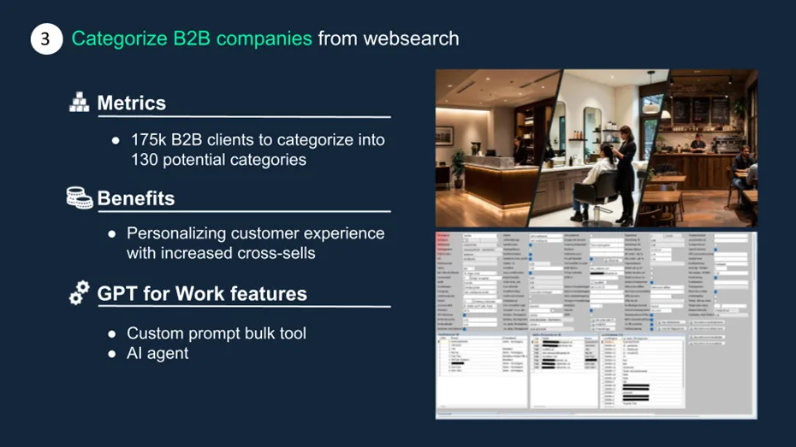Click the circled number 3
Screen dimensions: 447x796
[x=47, y=39]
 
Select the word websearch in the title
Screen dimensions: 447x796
[x=411, y=38]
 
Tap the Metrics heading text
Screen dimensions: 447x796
[x=131, y=103]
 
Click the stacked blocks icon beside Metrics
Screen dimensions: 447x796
[x=79, y=103]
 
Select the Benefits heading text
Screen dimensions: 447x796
[x=135, y=198]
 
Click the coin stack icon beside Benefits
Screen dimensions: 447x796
[x=79, y=198]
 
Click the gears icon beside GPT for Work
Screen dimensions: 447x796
[x=79, y=294]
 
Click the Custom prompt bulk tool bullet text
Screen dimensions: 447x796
[x=217, y=333]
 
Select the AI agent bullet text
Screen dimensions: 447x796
[x=157, y=354]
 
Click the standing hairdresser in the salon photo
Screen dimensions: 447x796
[x=626, y=171]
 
